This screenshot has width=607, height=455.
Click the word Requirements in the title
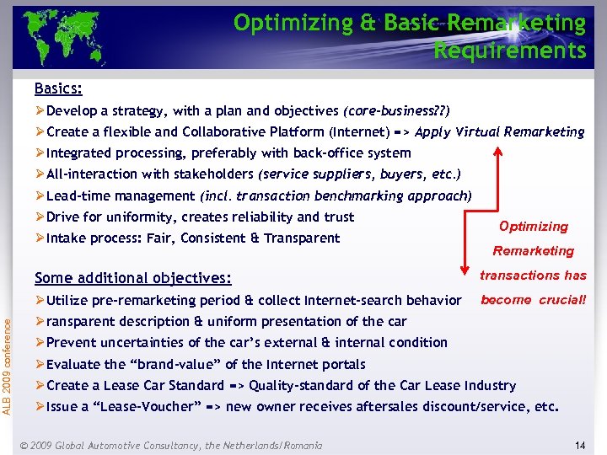click(509, 51)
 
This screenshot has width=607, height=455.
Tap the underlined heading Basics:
click(58, 88)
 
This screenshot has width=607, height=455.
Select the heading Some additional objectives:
click(132, 278)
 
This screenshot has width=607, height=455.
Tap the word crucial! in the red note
click(561, 299)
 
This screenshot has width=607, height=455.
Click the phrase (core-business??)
click(396, 111)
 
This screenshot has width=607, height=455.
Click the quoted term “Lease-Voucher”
click(145, 406)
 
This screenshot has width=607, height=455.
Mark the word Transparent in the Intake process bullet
click(302, 238)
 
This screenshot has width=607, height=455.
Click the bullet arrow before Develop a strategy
click(40, 111)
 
